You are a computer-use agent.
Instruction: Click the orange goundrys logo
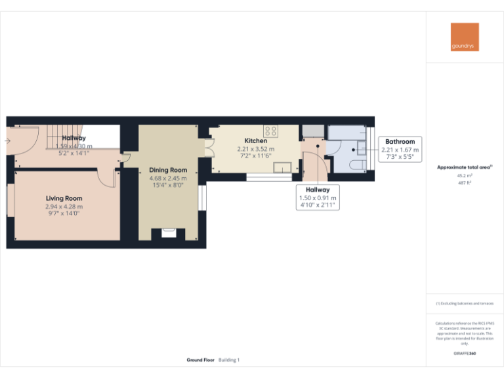coord(465,37)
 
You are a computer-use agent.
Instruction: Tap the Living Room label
coord(64,198)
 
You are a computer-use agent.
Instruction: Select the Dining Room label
coord(168,169)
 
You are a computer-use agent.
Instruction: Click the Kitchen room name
coord(255,140)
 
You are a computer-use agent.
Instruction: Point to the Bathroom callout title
coord(400,141)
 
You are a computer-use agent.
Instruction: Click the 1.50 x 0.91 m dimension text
coord(318,198)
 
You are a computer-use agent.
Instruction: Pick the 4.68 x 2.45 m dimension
coord(168,178)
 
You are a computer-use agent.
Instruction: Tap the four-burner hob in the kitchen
coord(270,130)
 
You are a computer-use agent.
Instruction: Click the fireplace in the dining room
coord(169,232)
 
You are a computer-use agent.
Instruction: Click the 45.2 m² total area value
coord(465,175)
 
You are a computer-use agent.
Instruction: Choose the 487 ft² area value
coord(465,183)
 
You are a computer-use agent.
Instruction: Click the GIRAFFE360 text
coord(465,354)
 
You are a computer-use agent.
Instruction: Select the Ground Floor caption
coord(200,360)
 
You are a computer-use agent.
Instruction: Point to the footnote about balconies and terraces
coord(465,303)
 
